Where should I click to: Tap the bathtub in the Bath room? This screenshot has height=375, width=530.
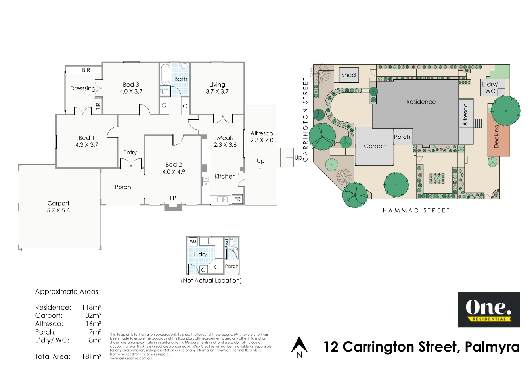(165, 75)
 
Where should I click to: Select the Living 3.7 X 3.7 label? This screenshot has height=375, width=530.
(217, 88)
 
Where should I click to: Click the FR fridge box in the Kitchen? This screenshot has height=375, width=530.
(237, 199)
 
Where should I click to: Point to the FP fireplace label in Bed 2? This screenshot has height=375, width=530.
(173, 198)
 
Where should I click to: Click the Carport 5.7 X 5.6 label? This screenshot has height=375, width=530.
(58, 206)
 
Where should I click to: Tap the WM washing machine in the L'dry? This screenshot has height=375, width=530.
(193, 241)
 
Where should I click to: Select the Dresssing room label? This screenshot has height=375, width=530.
(82, 88)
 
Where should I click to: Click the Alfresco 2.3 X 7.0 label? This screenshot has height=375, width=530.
(262, 137)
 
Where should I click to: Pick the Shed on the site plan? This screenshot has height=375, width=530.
(348, 75)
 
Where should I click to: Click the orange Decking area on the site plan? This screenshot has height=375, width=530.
(498, 137)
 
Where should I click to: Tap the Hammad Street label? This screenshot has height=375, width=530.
(416, 210)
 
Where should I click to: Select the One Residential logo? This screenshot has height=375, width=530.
(489, 310)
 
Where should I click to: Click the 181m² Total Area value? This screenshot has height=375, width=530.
(91, 356)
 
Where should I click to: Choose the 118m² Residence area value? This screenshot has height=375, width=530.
(91, 307)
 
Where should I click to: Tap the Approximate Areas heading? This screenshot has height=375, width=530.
(67, 292)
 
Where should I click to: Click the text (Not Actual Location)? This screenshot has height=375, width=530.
(211, 280)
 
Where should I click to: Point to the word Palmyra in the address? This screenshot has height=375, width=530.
(492, 347)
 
